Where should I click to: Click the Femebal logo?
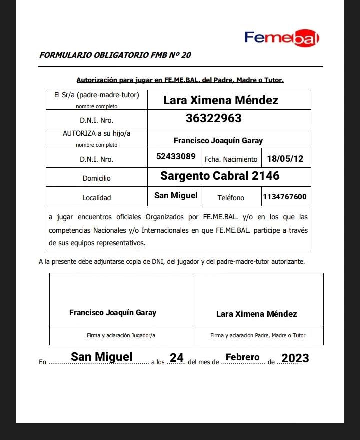click(x=282, y=38)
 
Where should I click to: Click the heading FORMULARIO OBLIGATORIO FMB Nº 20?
click(x=115, y=55)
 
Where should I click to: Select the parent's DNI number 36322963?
click(x=213, y=119)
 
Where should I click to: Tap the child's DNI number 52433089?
click(x=176, y=156)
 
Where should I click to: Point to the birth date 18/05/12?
click(x=285, y=159)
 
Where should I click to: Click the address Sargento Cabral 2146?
click(x=220, y=176)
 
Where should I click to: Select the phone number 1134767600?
click(x=285, y=197)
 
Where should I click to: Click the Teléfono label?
click(x=231, y=198)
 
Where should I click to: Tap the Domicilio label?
click(x=96, y=178)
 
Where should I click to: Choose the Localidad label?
click(x=96, y=198)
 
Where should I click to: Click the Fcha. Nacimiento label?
click(x=231, y=159)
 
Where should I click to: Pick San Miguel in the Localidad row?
click(x=176, y=195)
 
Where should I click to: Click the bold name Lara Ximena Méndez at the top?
click(x=220, y=100)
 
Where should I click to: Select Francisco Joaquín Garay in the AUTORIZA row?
click(x=218, y=141)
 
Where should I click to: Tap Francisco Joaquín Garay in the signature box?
click(x=113, y=313)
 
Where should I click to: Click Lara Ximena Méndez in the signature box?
click(x=256, y=314)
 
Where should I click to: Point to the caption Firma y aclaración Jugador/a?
click(x=121, y=335)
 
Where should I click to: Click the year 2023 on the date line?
click(x=295, y=358)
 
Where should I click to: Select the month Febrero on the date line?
click(x=243, y=357)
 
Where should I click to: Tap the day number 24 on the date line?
click(x=177, y=358)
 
